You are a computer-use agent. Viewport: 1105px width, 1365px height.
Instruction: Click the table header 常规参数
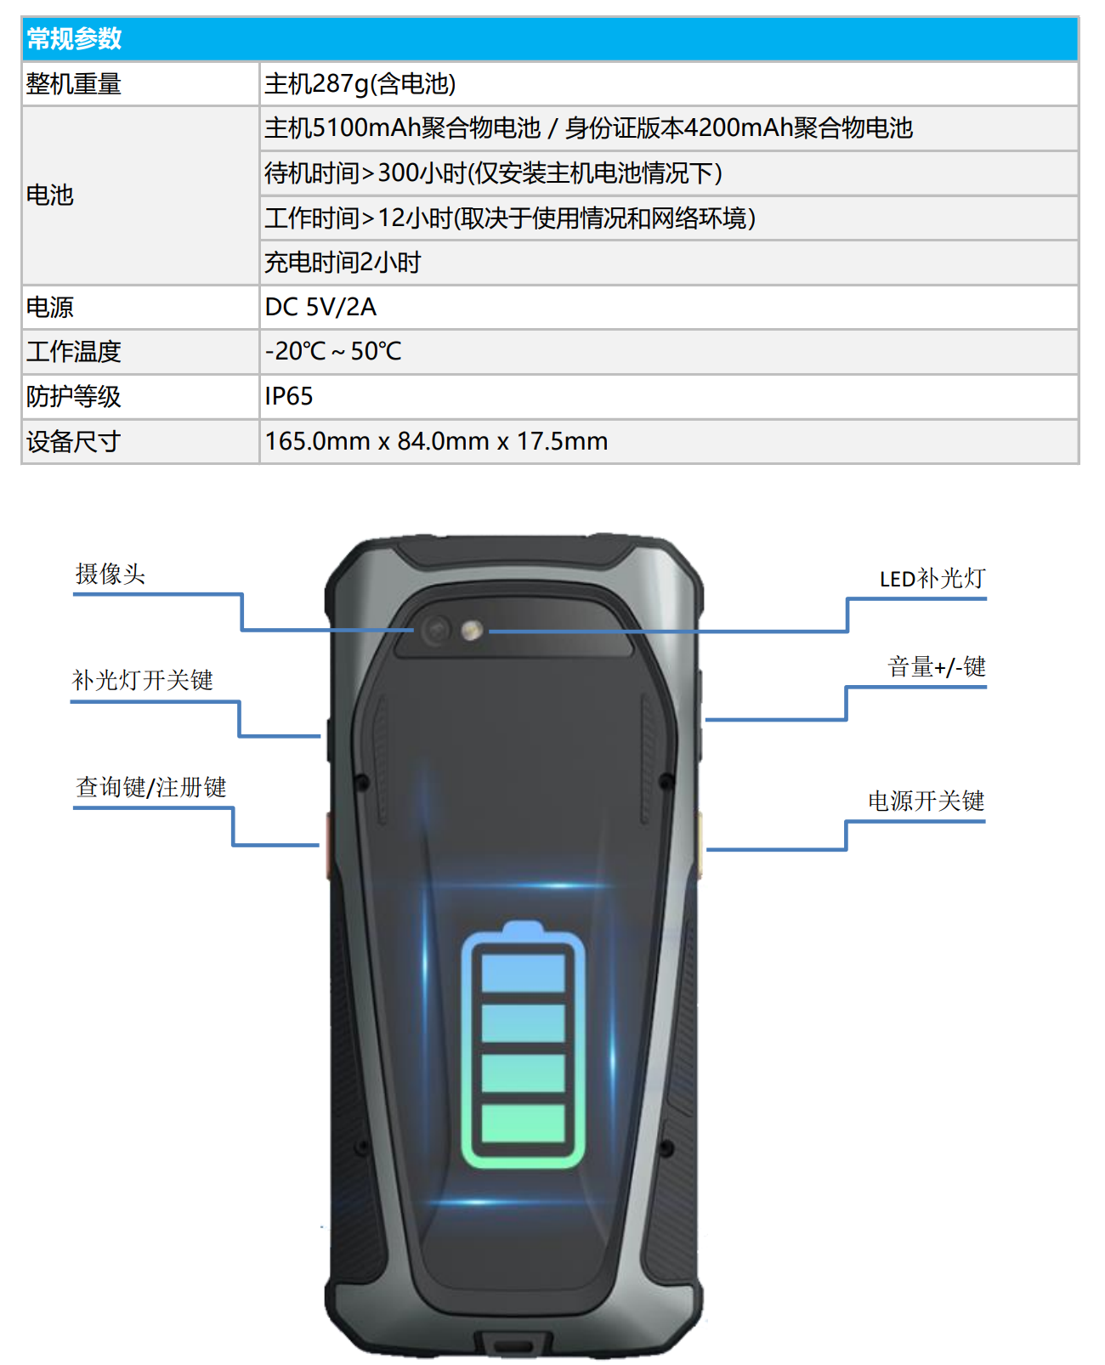74,39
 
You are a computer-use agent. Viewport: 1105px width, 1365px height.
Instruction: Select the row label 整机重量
74,84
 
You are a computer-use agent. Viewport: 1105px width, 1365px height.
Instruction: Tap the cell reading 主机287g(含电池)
360,84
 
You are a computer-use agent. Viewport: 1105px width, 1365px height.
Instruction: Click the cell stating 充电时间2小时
343,263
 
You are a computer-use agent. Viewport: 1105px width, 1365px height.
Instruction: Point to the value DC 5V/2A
320,307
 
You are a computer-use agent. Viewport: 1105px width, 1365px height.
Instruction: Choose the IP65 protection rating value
289,396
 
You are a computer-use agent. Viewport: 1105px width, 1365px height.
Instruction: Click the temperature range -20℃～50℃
333,351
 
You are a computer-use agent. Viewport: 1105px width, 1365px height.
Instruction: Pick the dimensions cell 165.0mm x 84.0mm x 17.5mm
437,441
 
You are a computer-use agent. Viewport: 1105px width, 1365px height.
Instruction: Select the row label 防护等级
74,396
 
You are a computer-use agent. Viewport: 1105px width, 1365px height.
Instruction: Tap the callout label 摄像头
110,574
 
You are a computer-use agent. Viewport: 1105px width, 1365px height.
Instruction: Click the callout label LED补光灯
932,579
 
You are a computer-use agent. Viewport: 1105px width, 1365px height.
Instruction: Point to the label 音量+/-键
937,666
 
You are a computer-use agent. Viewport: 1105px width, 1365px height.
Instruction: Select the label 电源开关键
926,801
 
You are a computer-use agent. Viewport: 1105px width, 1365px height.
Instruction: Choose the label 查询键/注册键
151,787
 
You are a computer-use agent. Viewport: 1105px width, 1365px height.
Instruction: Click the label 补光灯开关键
142,680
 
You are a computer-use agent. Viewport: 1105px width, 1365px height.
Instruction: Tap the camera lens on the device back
437,632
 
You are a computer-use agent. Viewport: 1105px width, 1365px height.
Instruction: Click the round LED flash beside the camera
473,632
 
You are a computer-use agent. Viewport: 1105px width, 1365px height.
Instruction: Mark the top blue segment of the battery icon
523,973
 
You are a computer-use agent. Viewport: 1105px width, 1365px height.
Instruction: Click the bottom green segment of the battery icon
523,1123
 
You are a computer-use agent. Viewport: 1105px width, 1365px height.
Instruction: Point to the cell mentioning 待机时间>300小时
494,173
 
